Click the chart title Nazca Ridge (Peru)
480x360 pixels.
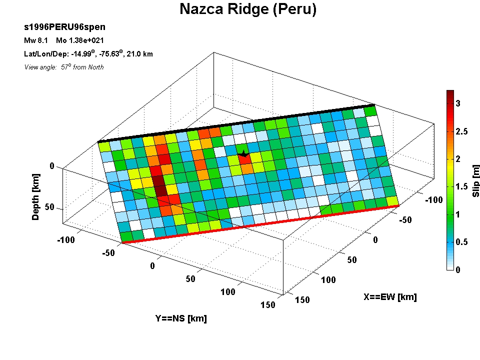coord(248,9)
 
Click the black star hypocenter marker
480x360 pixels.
coord(243,153)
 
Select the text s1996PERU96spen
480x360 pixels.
coord(64,27)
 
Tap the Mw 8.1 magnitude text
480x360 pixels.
coord(36,40)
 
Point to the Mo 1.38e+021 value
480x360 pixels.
coord(80,40)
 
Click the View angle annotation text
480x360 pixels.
coord(64,67)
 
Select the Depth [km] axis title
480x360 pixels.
coord(36,197)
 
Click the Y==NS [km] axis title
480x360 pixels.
coord(181,318)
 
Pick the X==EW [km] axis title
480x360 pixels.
coord(390,297)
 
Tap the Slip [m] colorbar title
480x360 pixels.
coord(475,181)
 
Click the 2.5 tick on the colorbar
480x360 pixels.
coord(461,131)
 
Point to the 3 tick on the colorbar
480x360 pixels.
coord(458,103)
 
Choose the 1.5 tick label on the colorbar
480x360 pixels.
coord(461,186)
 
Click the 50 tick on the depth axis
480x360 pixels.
coord(49,207)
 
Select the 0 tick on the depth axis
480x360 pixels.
coord(52,166)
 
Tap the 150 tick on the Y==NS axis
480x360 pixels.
coord(268,305)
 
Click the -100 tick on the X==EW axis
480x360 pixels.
coord(434,200)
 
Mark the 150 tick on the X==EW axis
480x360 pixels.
coord(302,300)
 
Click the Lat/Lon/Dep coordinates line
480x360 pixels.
coord(88,54)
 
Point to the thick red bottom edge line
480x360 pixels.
coord(261,224)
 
